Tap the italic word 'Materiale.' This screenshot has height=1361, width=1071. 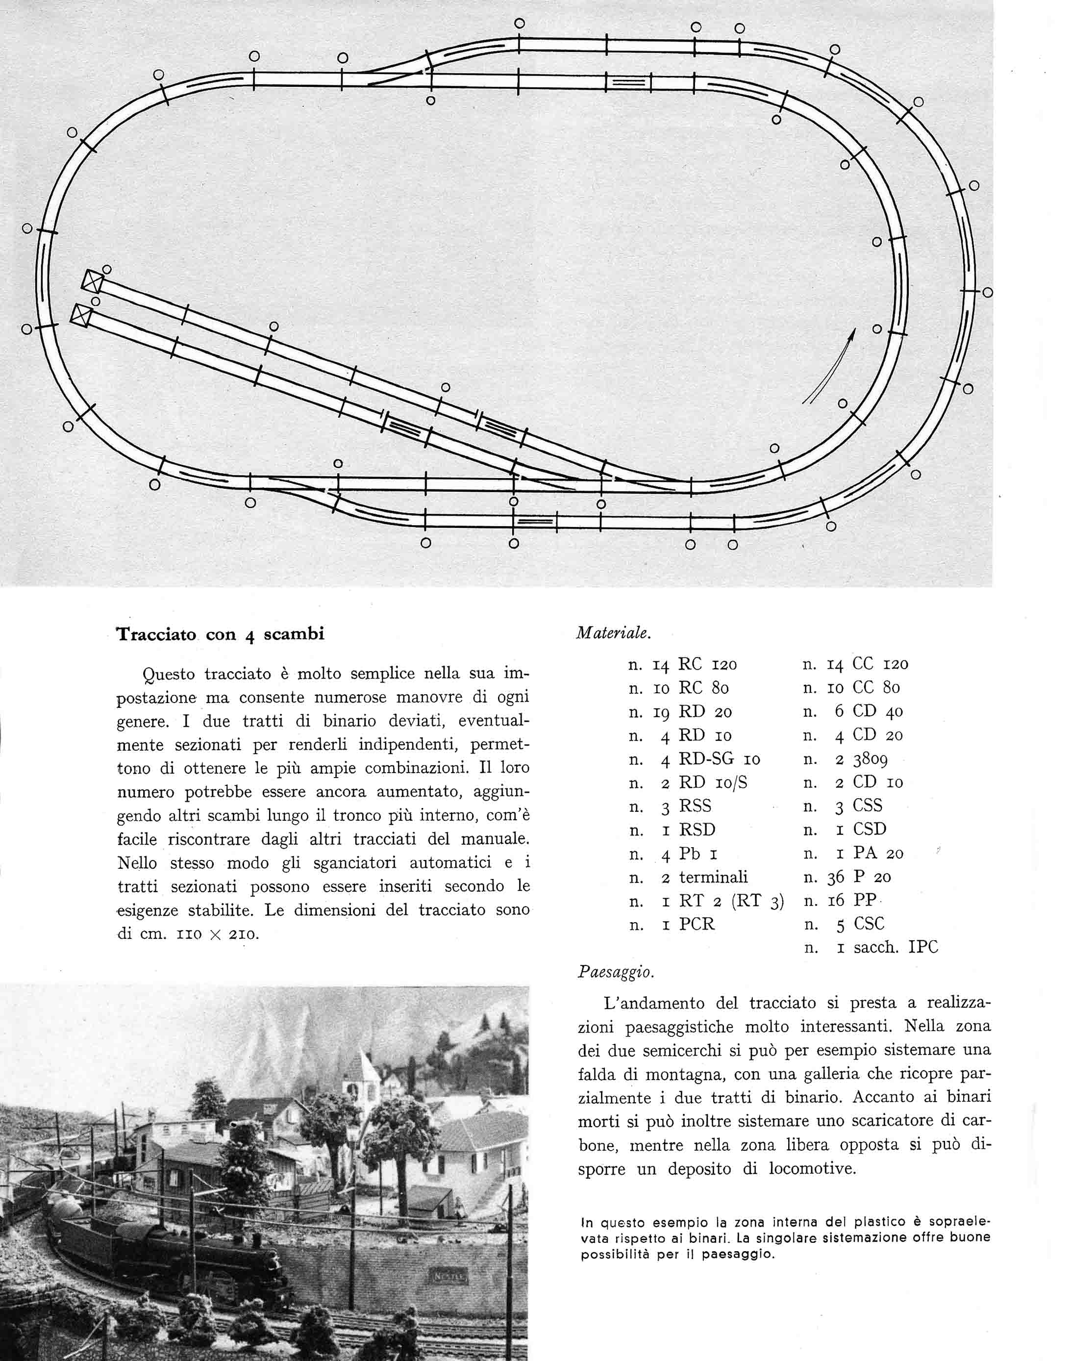613,633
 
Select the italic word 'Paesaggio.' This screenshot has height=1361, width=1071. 616,973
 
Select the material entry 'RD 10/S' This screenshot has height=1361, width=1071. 713,783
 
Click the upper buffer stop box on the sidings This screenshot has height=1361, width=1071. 92,280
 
